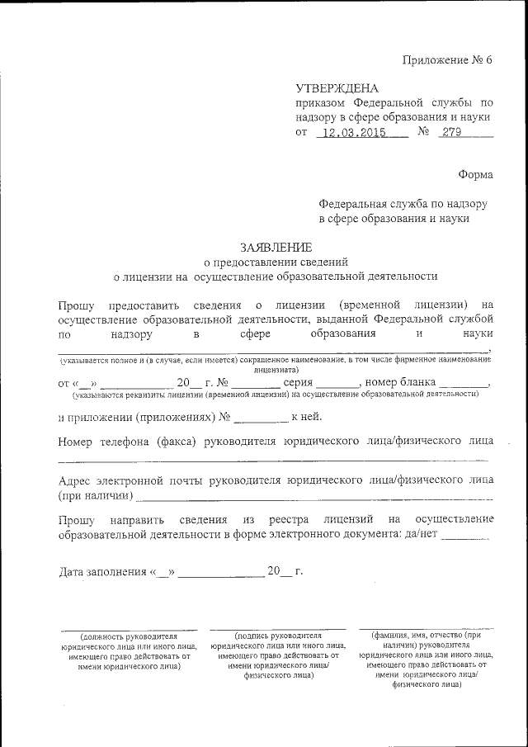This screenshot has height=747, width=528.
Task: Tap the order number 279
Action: (451, 132)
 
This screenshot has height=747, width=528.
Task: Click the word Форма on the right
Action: (475, 174)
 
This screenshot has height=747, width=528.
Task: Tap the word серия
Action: (297, 383)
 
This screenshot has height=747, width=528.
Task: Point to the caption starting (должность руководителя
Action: (129, 636)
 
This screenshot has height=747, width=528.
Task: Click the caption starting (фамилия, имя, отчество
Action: (427, 636)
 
